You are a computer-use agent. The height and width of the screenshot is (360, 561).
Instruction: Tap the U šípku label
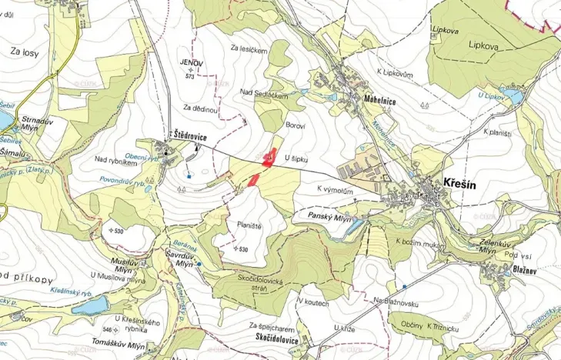(296, 158)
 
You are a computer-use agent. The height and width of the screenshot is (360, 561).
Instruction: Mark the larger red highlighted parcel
(268, 158)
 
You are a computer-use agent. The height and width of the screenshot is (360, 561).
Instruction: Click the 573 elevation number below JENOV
(189, 77)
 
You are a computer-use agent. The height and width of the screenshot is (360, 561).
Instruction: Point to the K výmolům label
(335, 188)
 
